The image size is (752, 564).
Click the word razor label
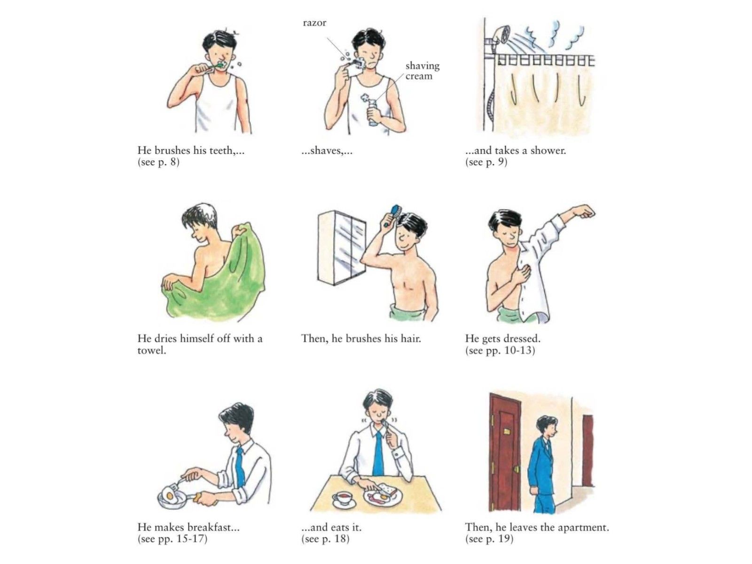point(314,23)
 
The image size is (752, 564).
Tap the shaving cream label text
point(422,70)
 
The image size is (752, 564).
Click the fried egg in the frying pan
point(170,494)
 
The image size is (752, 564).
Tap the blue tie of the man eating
point(378,452)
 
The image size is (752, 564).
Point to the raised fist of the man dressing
point(585,211)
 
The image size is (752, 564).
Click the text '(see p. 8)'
point(158,162)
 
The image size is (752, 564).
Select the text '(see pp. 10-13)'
point(500,350)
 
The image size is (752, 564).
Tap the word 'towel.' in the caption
point(151,350)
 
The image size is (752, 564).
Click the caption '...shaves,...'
point(327,151)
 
